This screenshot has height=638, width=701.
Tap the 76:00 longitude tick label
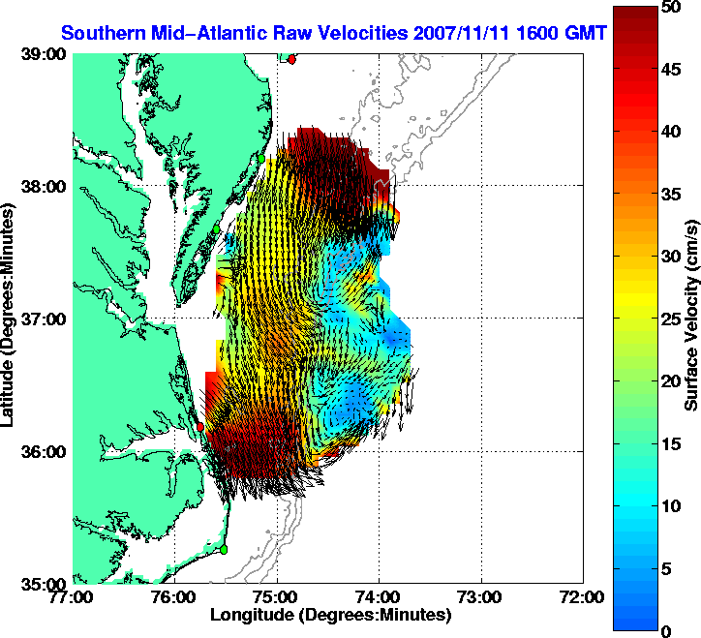click(175, 597)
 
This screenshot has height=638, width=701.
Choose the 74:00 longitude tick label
click(380, 597)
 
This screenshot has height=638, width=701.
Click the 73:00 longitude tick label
click(481, 597)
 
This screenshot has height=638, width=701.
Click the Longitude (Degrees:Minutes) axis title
click(330, 615)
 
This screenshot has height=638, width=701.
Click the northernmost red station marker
click(292, 59)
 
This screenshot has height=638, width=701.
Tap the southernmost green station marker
click(224, 549)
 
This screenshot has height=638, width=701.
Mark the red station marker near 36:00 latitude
click(200, 426)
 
